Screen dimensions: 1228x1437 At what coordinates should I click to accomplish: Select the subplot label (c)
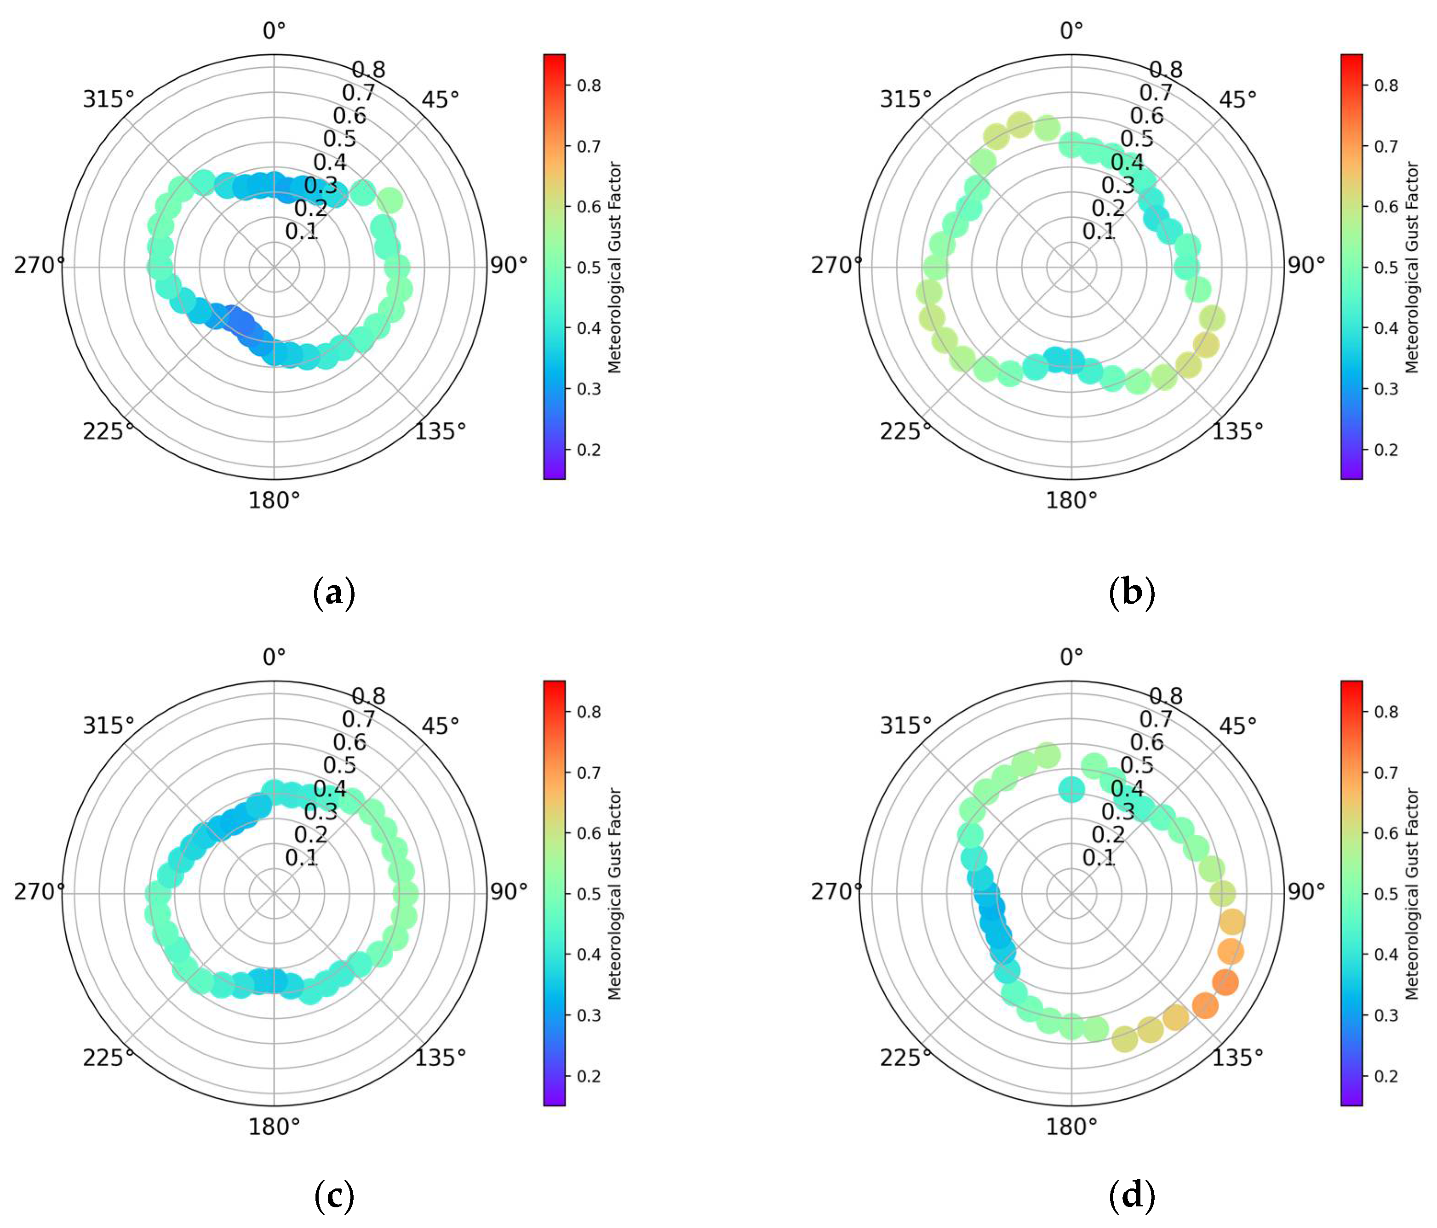[x=334, y=1195]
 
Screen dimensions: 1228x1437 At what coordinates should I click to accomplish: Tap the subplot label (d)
[x=1132, y=1195]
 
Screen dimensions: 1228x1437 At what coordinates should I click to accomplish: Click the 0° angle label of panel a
[x=275, y=30]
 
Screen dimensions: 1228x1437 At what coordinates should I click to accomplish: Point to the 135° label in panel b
[x=1237, y=431]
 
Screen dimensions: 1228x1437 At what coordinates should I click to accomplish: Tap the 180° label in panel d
[x=1071, y=1127]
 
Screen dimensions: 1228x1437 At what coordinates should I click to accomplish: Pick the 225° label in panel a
[x=108, y=431]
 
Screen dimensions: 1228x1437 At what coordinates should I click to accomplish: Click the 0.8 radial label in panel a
[x=368, y=69]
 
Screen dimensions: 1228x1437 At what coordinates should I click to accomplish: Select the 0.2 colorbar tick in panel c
[x=589, y=1076]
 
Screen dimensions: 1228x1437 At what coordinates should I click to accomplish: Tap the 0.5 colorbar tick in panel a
[x=589, y=268]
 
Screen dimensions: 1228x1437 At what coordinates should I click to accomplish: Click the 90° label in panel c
[x=509, y=891]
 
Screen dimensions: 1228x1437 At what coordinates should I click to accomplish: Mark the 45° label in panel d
[x=1237, y=726]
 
